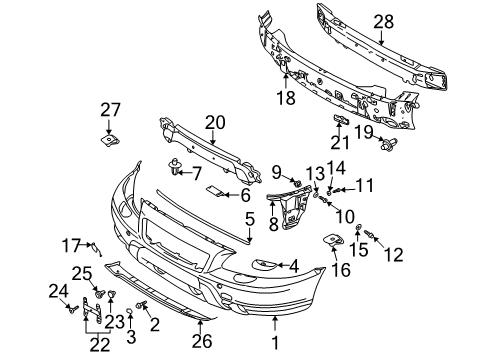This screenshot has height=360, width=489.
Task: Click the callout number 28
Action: [383, 21]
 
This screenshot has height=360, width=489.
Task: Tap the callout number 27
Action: [109, 110]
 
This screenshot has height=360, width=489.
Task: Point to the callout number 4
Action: [294, 265]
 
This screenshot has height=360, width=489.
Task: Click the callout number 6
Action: [245, 195]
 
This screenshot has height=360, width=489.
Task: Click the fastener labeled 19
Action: [385, 146]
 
